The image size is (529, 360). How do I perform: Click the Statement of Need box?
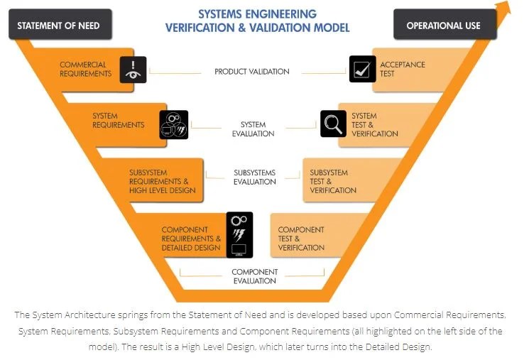pos(58,25)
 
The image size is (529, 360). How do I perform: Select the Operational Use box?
pos(443,25)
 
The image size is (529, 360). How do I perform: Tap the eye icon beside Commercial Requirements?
pos(133,70)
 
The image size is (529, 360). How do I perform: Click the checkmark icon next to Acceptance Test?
pos(363,70)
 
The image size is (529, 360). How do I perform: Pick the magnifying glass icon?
pos(332,124)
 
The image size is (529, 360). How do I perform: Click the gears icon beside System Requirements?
pos(174,124)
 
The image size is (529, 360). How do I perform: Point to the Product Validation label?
pos(252,72)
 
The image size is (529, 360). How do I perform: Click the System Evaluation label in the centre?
pos(253,129)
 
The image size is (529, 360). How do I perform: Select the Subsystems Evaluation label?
pos(254,177)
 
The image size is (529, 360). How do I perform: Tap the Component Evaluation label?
pos(254,276)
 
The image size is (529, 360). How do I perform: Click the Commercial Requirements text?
pos(85,69)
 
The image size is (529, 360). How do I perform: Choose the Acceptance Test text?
pos(403,69)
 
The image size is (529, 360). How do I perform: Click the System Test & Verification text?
pos(374,124)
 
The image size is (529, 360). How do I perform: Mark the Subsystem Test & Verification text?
pos(332,181)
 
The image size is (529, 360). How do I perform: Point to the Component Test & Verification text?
pos(301,239)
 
